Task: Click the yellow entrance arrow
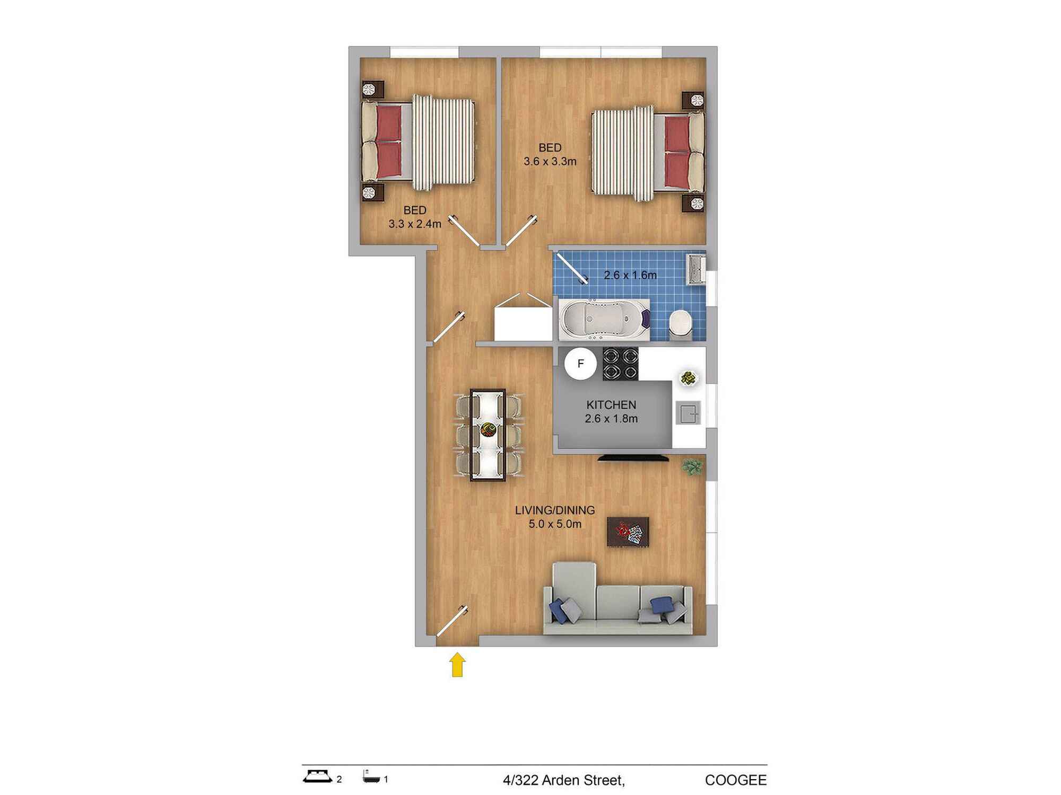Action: click(458, 665)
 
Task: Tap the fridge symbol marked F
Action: click(580, 364)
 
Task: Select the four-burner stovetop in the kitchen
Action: click(620, 364)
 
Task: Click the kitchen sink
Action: click(688, 413)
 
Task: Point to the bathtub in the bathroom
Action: click(604, 319)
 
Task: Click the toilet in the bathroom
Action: click(680, 324)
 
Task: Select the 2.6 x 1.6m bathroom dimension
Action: click(630, 275)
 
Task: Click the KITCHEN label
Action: click(611, 405)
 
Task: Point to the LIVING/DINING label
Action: click(555, 510)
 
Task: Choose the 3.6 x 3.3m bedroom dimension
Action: click(550, 162)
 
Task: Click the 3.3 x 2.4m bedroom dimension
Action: click(415, 224)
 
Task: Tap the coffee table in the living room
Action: click(628, 532)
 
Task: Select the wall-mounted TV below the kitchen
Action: click(633, 458)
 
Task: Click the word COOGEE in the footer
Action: click(736, 781)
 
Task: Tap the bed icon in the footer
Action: click(318, 776)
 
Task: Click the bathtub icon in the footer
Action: click(371, 777)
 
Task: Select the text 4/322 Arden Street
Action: click(564, 781)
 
